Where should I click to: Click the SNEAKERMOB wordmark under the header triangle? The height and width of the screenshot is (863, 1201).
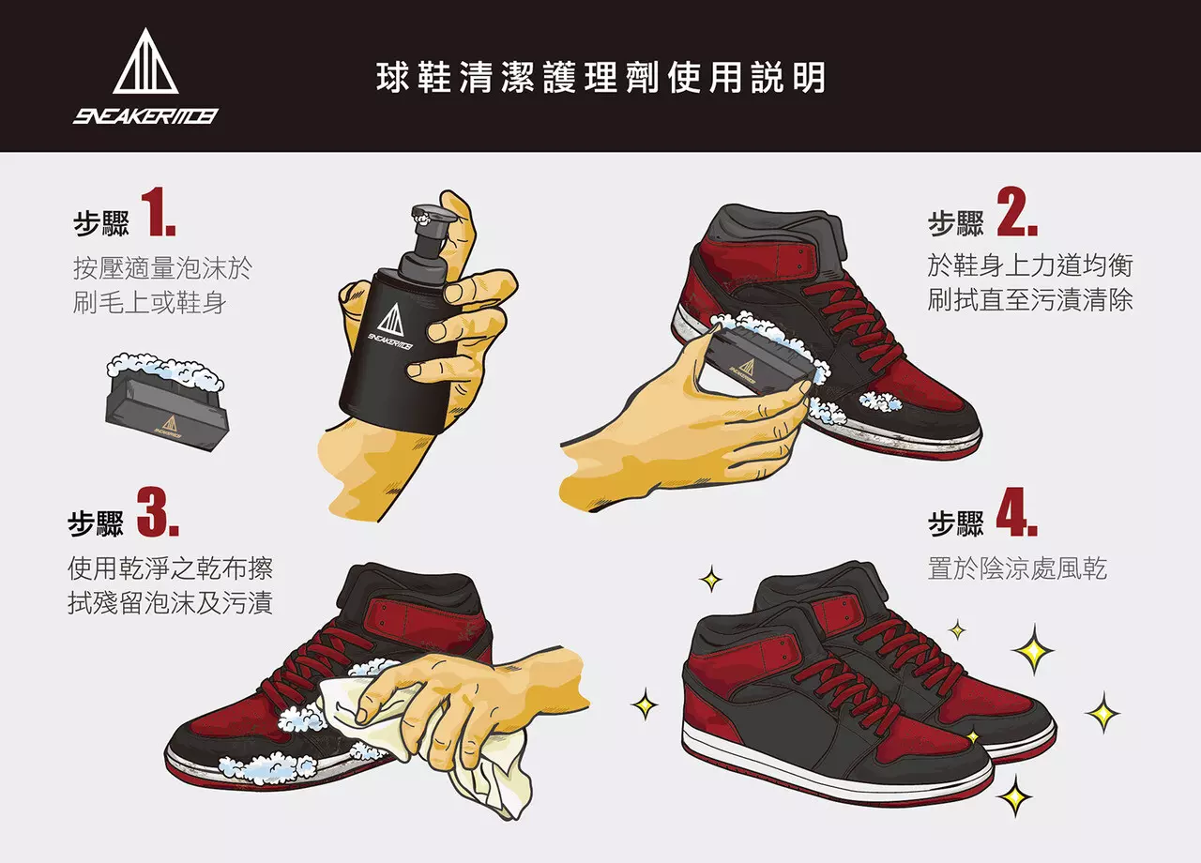(145, 116)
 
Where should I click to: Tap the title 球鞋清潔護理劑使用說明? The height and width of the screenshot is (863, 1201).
(600, 77)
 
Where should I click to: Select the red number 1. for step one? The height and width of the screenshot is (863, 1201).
(160, 213)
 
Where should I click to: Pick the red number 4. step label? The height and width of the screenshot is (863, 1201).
(1015, 511)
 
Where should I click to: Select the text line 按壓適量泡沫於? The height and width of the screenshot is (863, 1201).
(162, 269)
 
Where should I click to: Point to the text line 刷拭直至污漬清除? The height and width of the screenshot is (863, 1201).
(1029, 300)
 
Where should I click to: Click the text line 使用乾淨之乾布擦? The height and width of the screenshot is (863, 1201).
(170, 568)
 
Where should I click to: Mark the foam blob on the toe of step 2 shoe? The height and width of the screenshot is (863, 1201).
(880, 401)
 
